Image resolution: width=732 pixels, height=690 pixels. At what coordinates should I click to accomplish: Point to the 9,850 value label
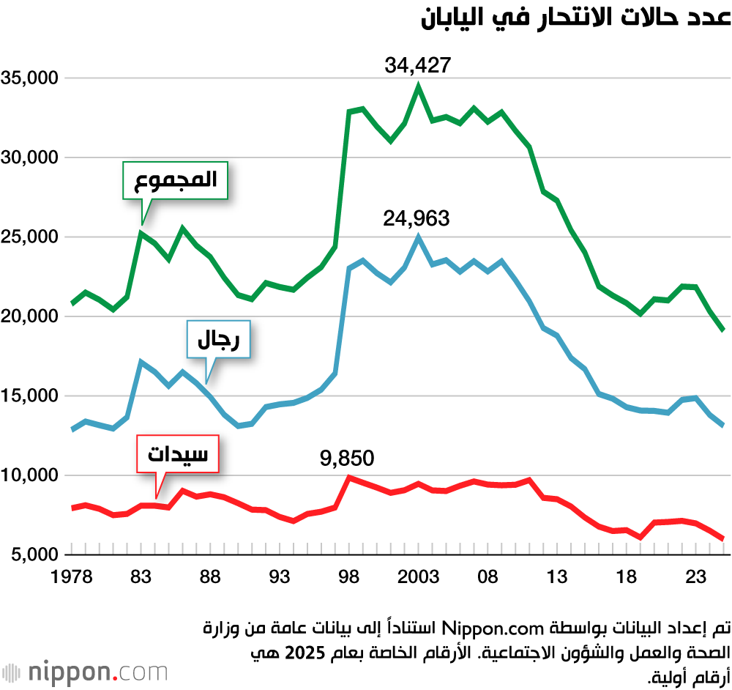point(347,459)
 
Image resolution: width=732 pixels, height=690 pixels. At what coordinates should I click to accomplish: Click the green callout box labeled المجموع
point(175,180)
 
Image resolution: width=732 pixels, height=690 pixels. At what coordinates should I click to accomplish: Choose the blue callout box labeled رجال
point(218,339)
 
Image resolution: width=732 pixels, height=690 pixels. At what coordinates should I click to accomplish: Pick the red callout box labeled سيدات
point(178,454)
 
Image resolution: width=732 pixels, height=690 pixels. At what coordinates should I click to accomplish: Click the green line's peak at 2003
point(419,86)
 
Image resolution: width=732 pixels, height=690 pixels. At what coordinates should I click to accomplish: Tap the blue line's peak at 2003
point(419,237)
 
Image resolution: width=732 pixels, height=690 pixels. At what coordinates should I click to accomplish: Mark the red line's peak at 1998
point(349,478)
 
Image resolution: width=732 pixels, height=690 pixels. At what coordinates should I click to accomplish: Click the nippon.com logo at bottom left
point(84,672)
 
